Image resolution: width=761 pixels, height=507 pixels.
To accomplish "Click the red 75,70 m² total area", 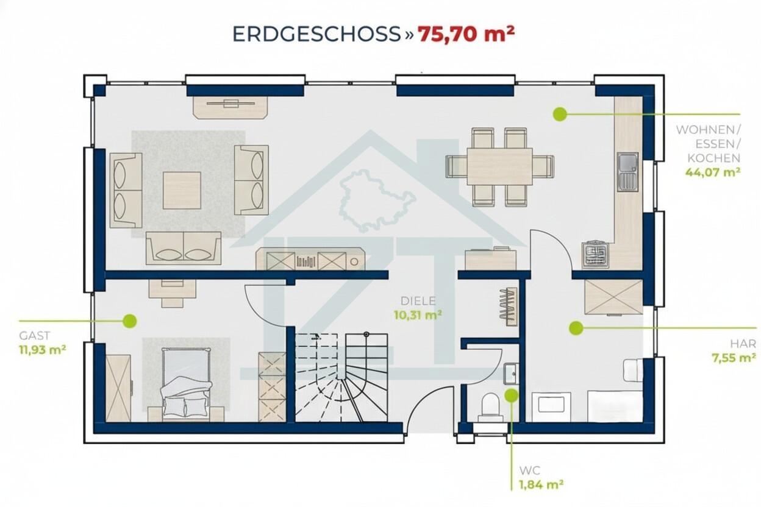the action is (466, 34).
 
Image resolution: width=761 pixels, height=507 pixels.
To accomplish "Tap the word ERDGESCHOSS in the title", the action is (316, 34).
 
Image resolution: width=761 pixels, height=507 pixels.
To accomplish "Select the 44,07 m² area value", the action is (713, 172).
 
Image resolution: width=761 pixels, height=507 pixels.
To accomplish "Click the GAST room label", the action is (34, 336).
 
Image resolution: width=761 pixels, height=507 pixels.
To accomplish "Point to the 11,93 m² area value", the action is (43, 350).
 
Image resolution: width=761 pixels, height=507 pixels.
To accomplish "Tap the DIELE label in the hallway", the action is (418, 301).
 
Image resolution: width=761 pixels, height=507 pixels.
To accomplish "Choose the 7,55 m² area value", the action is (734, 358).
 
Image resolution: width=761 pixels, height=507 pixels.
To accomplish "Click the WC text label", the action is (530, 470).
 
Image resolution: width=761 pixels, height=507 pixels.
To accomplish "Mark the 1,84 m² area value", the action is (541, 484).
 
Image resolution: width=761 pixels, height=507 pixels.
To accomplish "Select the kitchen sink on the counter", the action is (627, 172).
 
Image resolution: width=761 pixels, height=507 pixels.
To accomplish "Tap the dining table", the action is (499, 166).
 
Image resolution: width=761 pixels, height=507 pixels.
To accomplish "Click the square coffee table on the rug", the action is (182, 190).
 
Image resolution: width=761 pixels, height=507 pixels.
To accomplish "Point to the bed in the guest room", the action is (186, 385).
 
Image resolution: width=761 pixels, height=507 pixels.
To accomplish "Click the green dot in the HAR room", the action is (576, 328).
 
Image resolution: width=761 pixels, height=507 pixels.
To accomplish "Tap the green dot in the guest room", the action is (129, 321).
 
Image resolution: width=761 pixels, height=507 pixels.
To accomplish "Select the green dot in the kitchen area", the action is (560, 114).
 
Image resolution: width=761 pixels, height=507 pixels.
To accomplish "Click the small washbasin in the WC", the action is (510, 374).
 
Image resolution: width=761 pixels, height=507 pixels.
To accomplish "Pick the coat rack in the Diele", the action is (508, 307).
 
